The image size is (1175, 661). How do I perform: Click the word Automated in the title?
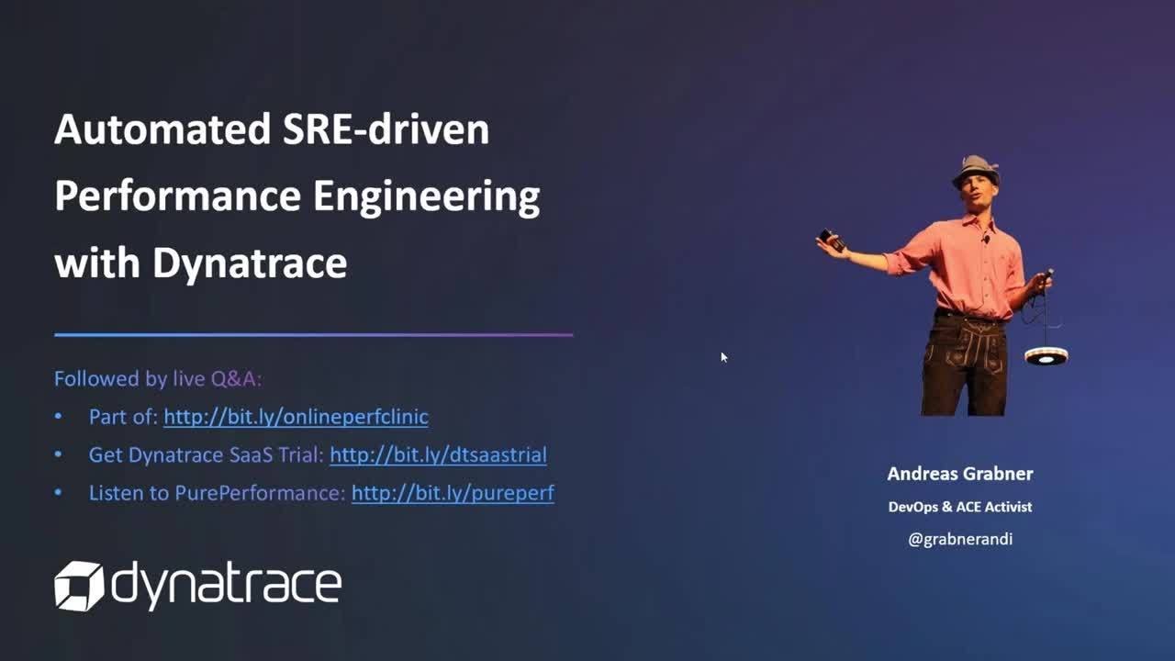pyautogui.click(x=162, y=129)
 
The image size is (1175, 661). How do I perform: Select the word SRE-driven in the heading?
pyautogui.click(x=386, y=129)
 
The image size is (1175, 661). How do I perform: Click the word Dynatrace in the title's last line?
pyautogui.click(x=251, y=263)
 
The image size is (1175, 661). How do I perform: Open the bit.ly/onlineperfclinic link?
pyautogui.click(x=296, y=417)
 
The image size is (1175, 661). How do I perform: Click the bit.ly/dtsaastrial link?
pyautogui.click(x=438, y=454)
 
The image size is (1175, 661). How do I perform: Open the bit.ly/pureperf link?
pyautogui.click(x=453, y=493)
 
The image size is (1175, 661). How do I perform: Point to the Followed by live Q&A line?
pyautogui.click(x=158, y=379)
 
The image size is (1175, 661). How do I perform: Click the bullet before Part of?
pyautogui.click(x=58, y=417)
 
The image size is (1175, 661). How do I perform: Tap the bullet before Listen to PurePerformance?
pyautogui.click(x=58, y=493)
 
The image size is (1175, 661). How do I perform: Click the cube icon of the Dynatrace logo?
pyautogui.click(x=79, y=586)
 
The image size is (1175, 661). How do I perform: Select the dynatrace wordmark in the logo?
pyautogui.click(x=227, y=585)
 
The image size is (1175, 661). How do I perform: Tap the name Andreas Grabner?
pyautogui.click(x=960, y=474)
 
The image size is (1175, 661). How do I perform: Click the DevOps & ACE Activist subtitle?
pyautogui.click(x=960, y=507)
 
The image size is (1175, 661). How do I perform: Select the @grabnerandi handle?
pyautogui.click(x=960, y=539)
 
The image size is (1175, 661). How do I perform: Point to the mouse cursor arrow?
pyautogui.click(x=724, y=357)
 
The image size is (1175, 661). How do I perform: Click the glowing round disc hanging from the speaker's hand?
pyautogui.click(x=1046, y=356)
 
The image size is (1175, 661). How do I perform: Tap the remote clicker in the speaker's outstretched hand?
pyautogui.click(x=832, y=240)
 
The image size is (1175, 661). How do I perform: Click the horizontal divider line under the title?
pyautogui.click(x=314, y=335)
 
